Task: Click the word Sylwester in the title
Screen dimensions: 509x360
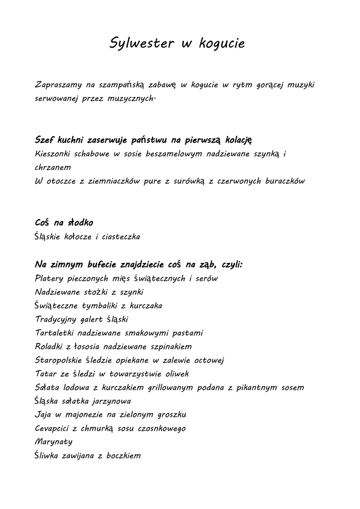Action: point(141,44)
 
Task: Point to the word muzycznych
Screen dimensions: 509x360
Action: point(131,98)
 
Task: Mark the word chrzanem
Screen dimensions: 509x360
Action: point(53,168)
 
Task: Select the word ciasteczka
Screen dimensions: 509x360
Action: point(121,237)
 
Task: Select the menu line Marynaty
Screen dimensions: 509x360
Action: point(54,442)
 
